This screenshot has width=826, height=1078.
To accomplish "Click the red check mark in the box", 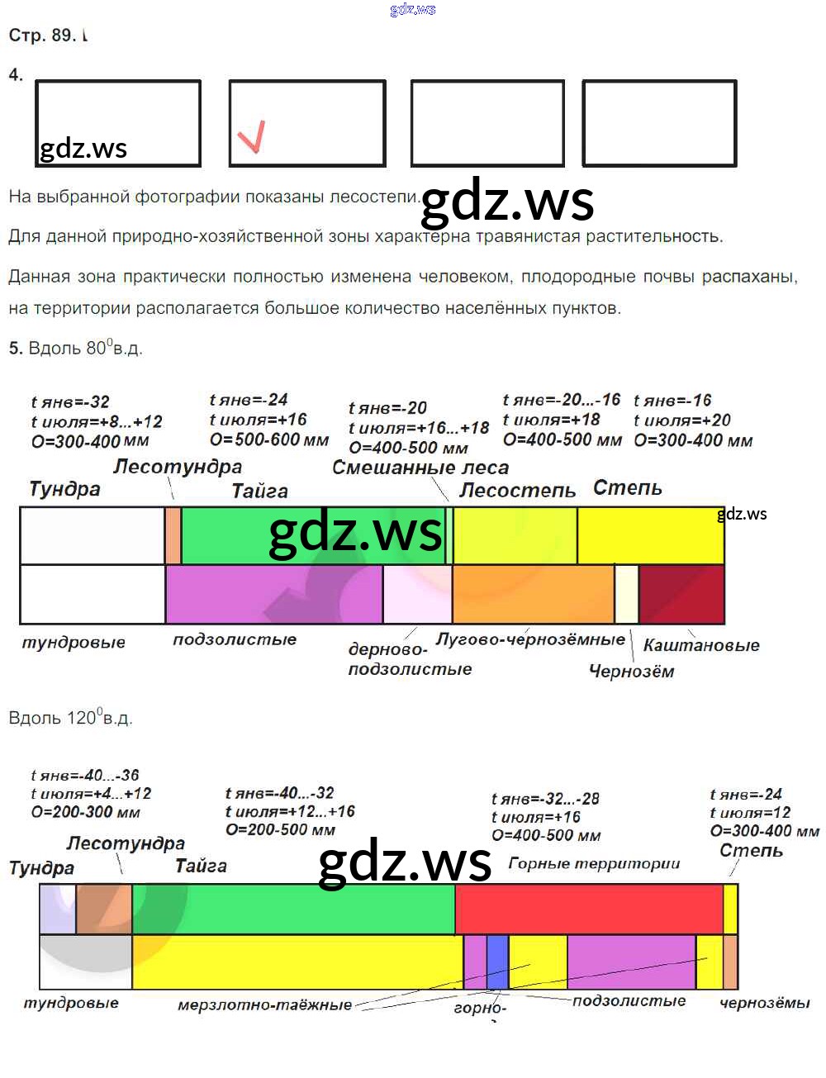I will click(x=252, y=136).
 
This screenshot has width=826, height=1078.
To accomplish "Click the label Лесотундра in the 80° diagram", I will click(x=178, y=467).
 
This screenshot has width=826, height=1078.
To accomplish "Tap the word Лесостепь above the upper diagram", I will click(x=517, y=491).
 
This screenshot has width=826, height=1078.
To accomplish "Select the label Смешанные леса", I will click(x=420, y=468).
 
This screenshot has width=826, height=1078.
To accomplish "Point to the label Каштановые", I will click(x=701, y=645).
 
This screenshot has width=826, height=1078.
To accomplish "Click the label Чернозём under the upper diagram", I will click(x=631, y=671).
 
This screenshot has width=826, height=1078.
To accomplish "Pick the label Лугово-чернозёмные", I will click(x=530, y=639).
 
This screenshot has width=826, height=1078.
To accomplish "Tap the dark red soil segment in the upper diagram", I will click(x=681, y=594).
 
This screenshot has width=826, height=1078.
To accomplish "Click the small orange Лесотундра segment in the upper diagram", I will click(x=173, y=536).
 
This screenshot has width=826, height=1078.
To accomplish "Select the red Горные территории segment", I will click(x=588, y=909).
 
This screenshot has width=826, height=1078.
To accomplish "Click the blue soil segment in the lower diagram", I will click(x=497, y=962).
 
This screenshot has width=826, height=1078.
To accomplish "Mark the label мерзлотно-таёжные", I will click(x=264, y=1005).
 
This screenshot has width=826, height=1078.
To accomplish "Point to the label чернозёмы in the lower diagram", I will click(x=764, y=1003).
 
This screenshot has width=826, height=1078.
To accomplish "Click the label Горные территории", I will click(x=594, y=863).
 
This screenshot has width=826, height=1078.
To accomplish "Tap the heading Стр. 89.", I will click(x=42, y=35).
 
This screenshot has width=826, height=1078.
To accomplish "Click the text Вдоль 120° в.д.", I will click(x=70, y=717).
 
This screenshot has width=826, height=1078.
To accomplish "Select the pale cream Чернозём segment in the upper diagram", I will click(x=627, y=594).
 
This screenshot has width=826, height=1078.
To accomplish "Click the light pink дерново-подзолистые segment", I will click(x=417, y=594).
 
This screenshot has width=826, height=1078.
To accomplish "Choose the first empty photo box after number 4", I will click(x=118, y=123).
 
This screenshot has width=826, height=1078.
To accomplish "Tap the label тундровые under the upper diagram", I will click(x=74, y=642).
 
